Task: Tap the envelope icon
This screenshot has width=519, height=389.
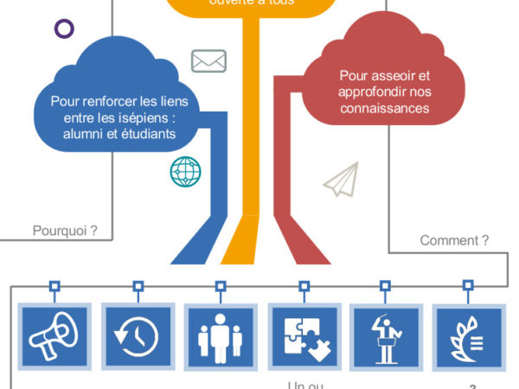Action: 208,61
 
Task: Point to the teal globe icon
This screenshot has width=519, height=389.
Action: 185,171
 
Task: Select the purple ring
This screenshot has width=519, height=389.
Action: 63,29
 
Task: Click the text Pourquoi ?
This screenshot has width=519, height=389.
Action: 65,231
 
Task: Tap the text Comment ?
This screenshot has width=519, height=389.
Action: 454,240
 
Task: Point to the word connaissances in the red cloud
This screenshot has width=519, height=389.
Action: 385,108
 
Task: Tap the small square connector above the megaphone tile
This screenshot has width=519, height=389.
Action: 54,284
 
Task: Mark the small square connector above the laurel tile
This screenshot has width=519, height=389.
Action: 468,284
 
